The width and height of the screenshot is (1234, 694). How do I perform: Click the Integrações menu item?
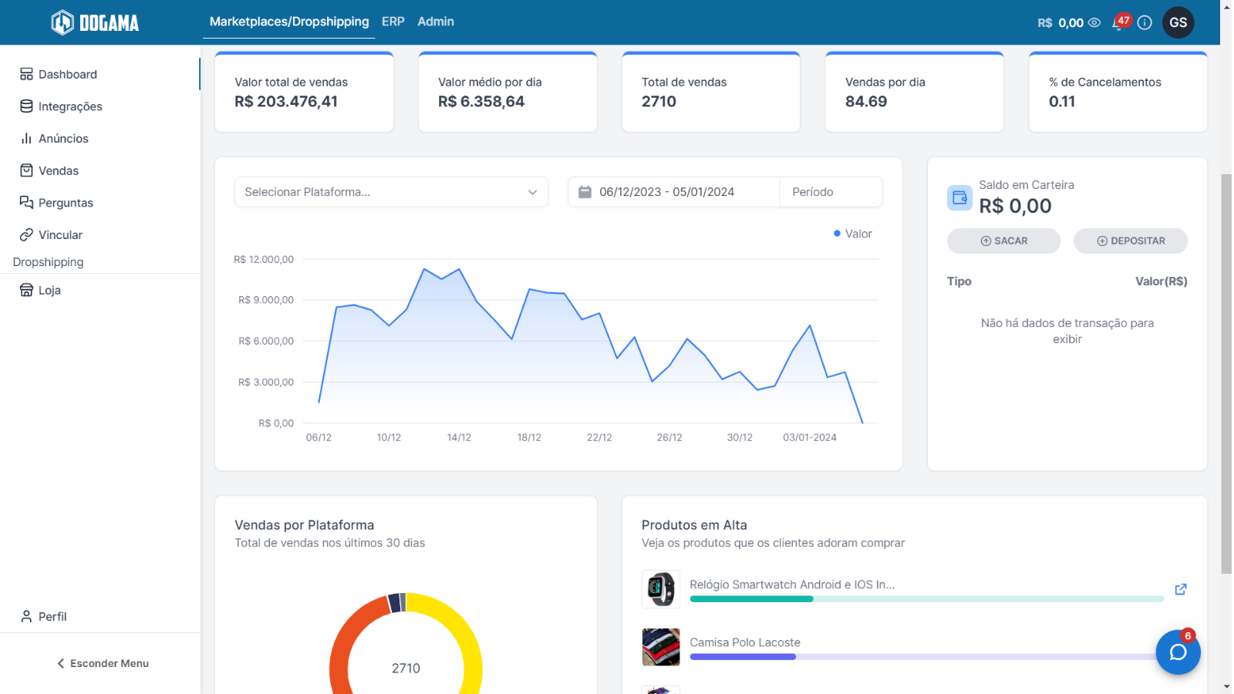[61, 106]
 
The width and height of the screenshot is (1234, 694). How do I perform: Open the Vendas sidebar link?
[49, 170]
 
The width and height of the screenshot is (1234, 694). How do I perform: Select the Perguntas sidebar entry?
[56, 203]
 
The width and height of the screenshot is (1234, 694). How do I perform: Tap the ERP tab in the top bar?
[393, 22]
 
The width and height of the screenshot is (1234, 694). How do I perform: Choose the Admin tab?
[436, 22]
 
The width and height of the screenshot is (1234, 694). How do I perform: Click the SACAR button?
[1003, 241]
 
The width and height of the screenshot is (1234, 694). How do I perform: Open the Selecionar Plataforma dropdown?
[391, 192]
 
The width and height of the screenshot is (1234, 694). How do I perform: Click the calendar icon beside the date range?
[585, 192]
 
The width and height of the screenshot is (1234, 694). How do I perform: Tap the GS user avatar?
[1178, 22]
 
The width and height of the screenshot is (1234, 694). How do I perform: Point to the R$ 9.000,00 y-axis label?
[266, 300]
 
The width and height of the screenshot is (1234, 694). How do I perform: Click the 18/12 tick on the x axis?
[529, 437]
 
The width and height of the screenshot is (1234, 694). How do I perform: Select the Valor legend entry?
[853, 234]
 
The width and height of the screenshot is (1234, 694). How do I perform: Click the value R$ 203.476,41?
[286, 101]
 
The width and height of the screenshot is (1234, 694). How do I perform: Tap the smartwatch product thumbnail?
[660, 589]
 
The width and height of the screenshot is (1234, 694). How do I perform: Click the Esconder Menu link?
[103, 663]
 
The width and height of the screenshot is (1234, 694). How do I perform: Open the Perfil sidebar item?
[43, 616]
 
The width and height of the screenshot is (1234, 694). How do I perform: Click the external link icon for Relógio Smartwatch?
[1181, 589]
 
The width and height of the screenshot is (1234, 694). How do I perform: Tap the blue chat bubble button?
[1178, 652]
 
